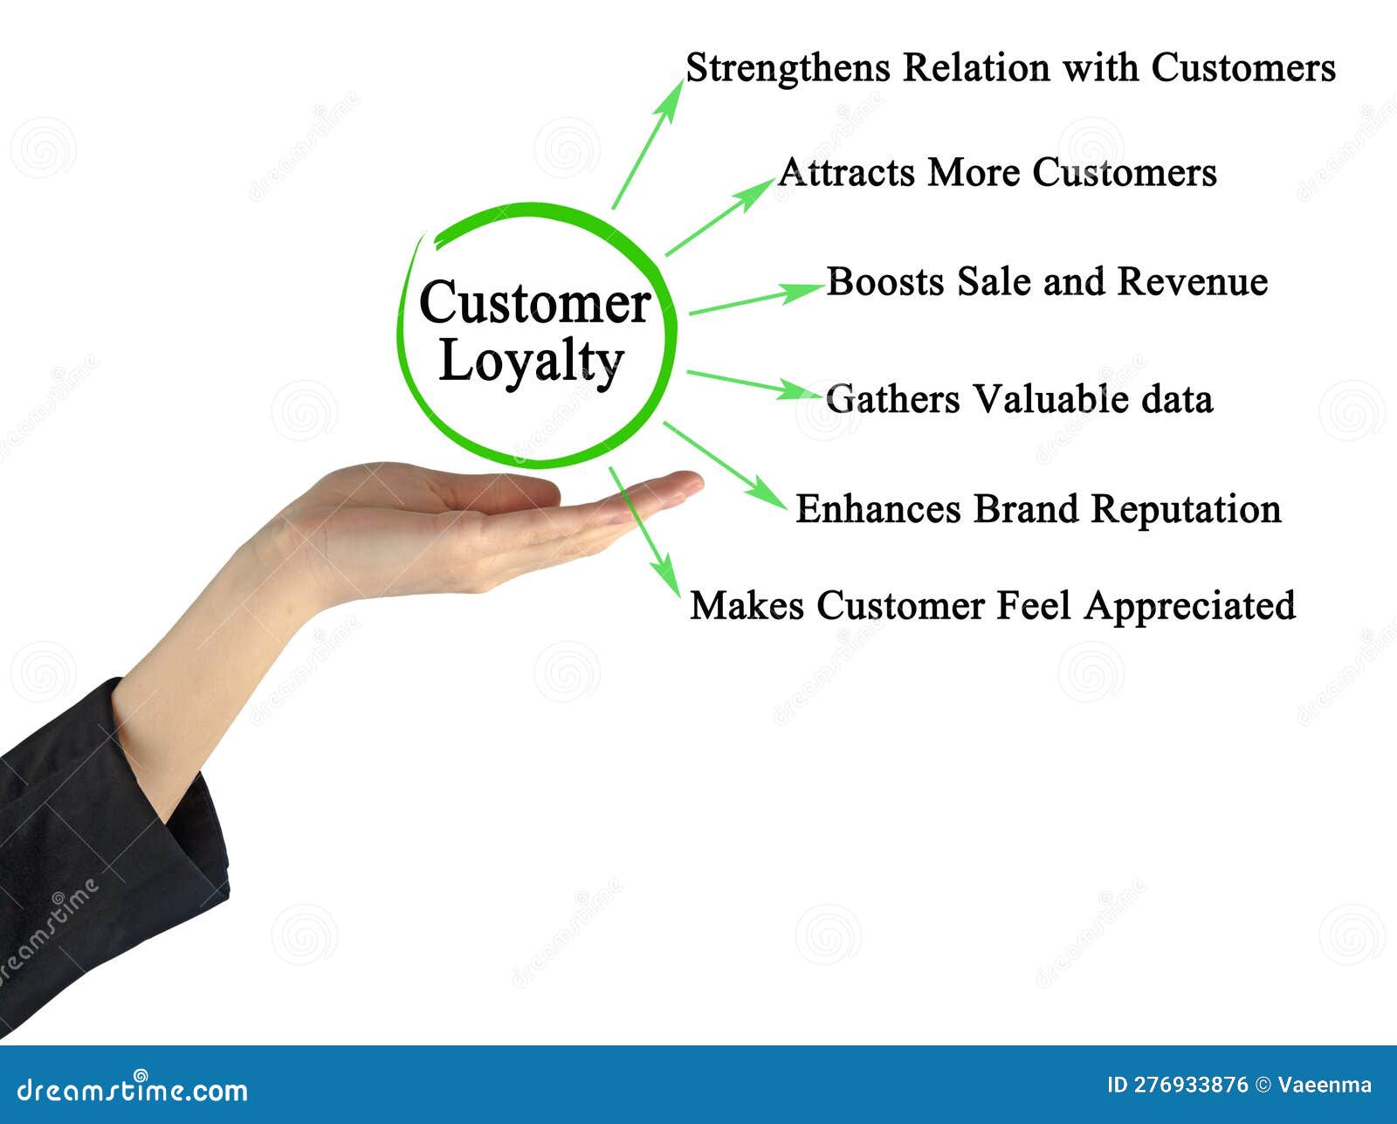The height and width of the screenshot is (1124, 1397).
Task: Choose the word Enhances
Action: coord(878,509)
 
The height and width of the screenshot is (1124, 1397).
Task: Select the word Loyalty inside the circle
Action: coord(531,362)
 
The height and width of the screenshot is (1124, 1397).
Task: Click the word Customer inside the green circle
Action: coord(534,304)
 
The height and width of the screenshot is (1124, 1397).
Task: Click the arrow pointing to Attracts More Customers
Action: coord(719,217)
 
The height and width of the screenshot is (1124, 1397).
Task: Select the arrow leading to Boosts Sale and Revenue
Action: coord(755,299)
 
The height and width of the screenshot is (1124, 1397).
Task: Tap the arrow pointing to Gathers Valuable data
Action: coord(753,384)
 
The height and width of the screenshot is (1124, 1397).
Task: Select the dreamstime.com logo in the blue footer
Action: coord(133,1089)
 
